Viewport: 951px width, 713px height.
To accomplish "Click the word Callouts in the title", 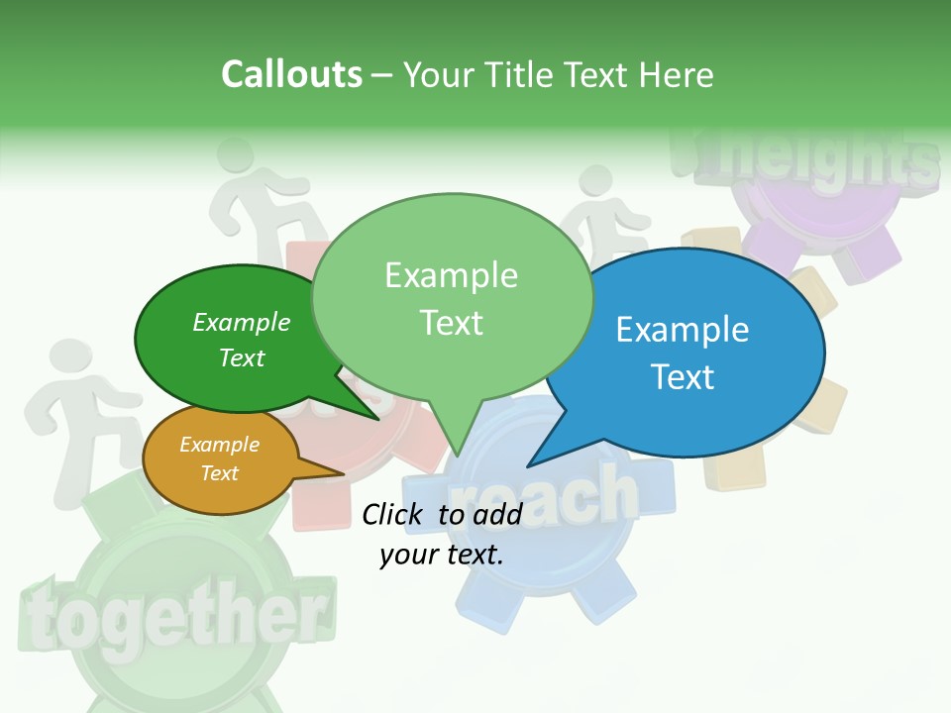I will point(291,74).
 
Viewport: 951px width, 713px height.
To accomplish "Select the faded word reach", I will point(545,495).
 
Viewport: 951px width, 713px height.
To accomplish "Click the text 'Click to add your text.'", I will point(442,534).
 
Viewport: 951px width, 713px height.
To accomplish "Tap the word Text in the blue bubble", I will point(684,377).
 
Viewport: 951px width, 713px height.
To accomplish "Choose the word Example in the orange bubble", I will point(219,445).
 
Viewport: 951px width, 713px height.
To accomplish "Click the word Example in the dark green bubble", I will point(242,322).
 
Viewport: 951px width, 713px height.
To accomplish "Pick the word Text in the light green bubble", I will point(452,323).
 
